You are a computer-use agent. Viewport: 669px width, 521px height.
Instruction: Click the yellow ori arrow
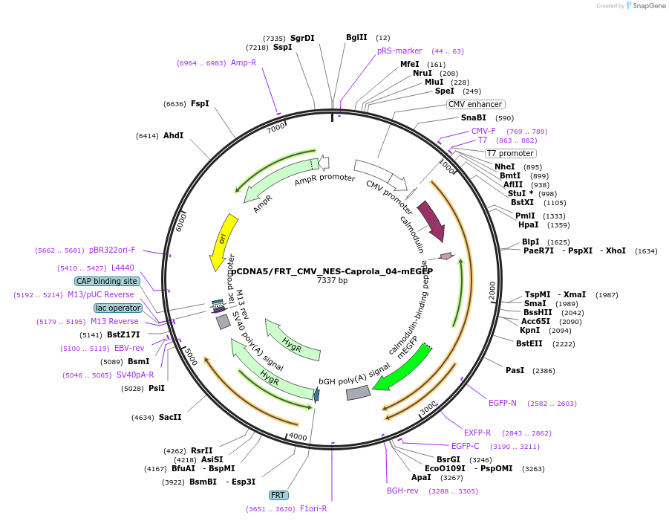(222, 241)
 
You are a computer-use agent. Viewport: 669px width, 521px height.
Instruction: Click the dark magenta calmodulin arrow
(432, 221)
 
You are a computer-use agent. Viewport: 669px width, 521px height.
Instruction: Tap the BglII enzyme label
(356, 38)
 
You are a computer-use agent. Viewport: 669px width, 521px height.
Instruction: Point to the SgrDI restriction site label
(302, 38)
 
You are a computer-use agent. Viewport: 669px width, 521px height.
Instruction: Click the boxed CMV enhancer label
(476, 104)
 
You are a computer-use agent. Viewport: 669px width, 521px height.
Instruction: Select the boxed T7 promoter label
(510, 153)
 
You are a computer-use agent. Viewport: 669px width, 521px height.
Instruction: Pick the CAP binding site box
(106, 282)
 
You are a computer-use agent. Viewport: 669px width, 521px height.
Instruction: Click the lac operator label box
(117, 308)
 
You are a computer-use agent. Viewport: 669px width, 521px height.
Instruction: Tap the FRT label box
(278, 495)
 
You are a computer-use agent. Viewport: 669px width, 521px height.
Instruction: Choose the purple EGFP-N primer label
(503, 403)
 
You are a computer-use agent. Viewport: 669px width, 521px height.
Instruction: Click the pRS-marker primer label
(399, 51)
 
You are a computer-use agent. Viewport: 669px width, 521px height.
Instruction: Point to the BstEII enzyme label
(529, 343)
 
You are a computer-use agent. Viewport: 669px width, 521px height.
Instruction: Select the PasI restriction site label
(515, 370)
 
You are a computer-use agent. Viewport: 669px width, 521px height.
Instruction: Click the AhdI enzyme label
(173, 136)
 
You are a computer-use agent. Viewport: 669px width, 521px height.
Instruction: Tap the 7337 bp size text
(332, 281)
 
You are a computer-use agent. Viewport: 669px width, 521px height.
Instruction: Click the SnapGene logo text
(647, 6)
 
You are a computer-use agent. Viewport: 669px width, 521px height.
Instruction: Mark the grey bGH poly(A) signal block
(358, 392)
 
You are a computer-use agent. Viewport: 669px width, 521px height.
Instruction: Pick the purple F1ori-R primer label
(313, 509)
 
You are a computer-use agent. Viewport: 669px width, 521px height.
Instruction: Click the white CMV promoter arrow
(382, 175)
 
